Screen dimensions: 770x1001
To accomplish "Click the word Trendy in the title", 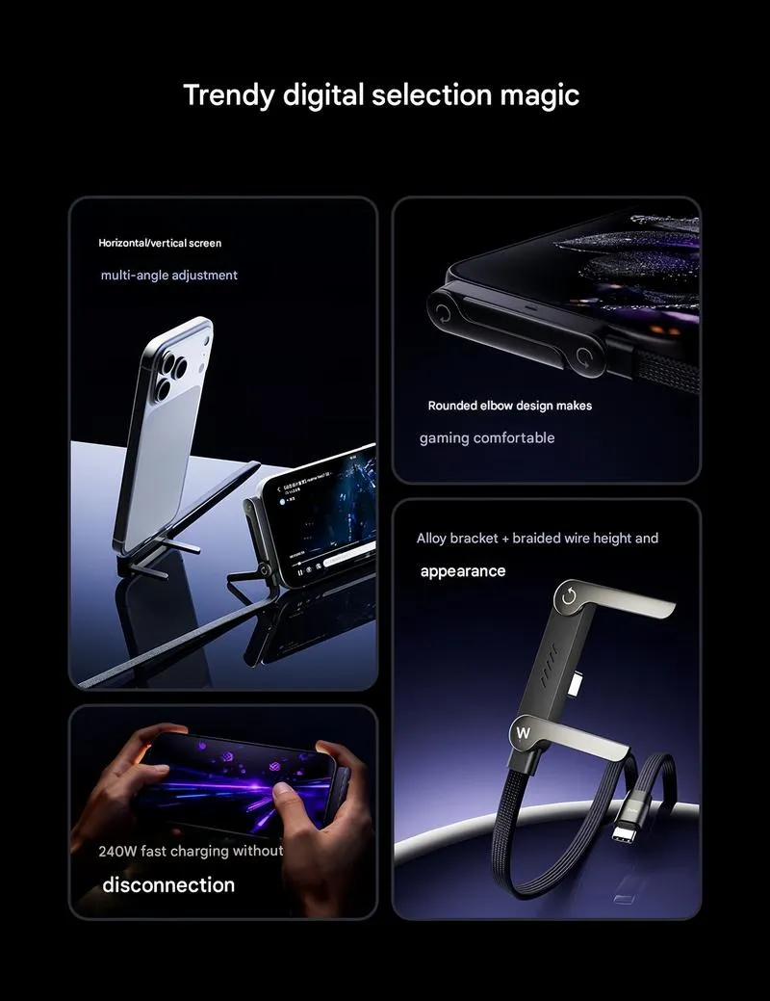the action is click(228, 95).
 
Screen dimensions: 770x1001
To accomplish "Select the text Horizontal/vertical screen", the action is click(160, 243).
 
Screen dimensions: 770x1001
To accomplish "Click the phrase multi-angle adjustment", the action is click(169, 276).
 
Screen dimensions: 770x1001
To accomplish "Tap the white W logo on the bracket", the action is click(523, 733).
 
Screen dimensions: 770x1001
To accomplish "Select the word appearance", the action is click(463, 571).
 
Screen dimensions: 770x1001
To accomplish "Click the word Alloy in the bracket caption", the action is click(431, 539).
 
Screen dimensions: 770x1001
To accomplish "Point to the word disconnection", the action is click(168, 884).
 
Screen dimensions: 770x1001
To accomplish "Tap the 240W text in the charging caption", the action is click(117, 851).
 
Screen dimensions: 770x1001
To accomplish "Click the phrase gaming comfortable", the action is click(487, 438).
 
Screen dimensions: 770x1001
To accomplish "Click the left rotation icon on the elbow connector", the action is click(442, 313).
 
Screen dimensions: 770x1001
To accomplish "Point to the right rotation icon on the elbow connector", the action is click(585, 358).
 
